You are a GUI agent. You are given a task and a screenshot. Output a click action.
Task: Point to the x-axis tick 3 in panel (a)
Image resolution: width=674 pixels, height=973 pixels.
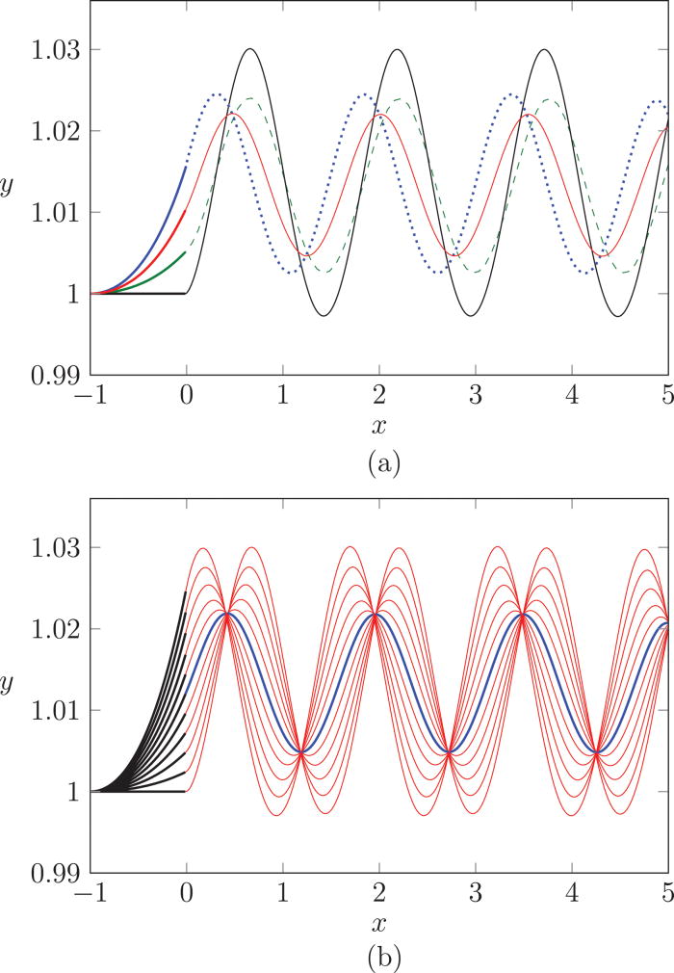[x=476, y=396]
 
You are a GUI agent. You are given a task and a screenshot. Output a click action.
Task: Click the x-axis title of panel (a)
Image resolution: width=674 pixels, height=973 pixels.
[x=378, y=423]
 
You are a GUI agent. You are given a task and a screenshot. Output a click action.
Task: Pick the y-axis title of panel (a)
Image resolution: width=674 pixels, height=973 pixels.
[x=8, y=214]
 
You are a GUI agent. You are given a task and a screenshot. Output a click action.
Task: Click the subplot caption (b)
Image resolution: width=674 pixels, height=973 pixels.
[x=378, y=959]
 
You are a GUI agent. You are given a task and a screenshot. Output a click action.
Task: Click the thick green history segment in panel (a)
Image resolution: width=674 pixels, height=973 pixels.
[x=154, y=269]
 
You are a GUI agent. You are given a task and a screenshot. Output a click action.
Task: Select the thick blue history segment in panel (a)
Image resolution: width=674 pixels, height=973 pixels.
[x=159, y=222]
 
